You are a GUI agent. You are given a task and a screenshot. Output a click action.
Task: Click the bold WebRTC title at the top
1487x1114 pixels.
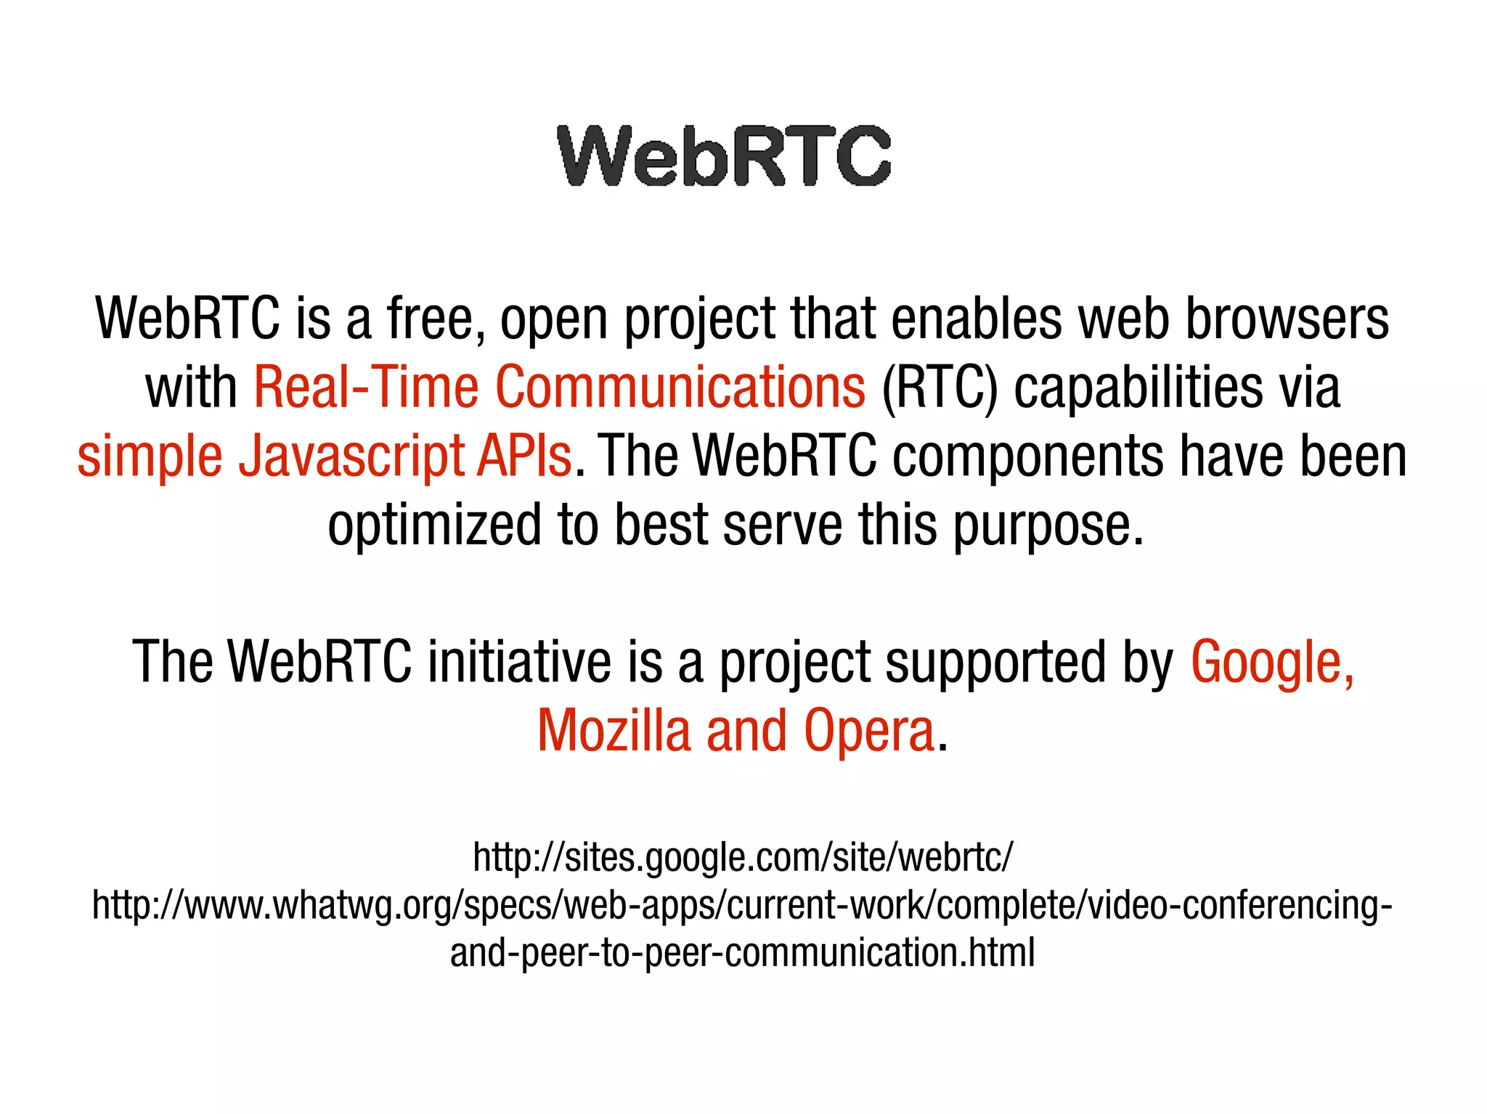click(724, 155)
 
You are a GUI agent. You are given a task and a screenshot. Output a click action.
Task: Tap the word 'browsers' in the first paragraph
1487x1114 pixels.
click(1287, 319)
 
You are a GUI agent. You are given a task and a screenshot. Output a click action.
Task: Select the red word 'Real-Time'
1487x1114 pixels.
click(365, 387)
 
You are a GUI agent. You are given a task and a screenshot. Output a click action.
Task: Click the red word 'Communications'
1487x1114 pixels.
click(680, 387)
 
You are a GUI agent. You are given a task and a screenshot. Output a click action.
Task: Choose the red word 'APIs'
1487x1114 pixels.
click(524, 456)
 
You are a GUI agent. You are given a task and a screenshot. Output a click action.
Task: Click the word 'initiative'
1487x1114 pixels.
click(519, 661)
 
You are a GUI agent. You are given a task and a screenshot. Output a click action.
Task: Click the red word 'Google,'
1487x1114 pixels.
click(1272, 663)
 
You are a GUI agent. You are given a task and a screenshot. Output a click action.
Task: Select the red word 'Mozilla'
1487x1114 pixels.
click(614, 730)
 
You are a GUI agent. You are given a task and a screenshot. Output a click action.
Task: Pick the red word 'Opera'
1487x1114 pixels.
click(868, 732)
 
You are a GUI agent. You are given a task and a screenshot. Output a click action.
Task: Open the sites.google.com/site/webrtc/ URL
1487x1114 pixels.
click(742, 857)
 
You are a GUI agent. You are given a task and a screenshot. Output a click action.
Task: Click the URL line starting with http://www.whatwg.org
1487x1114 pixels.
click(742, 905)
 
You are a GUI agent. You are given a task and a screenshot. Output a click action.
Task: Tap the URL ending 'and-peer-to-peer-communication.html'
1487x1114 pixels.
click(742, 952)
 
